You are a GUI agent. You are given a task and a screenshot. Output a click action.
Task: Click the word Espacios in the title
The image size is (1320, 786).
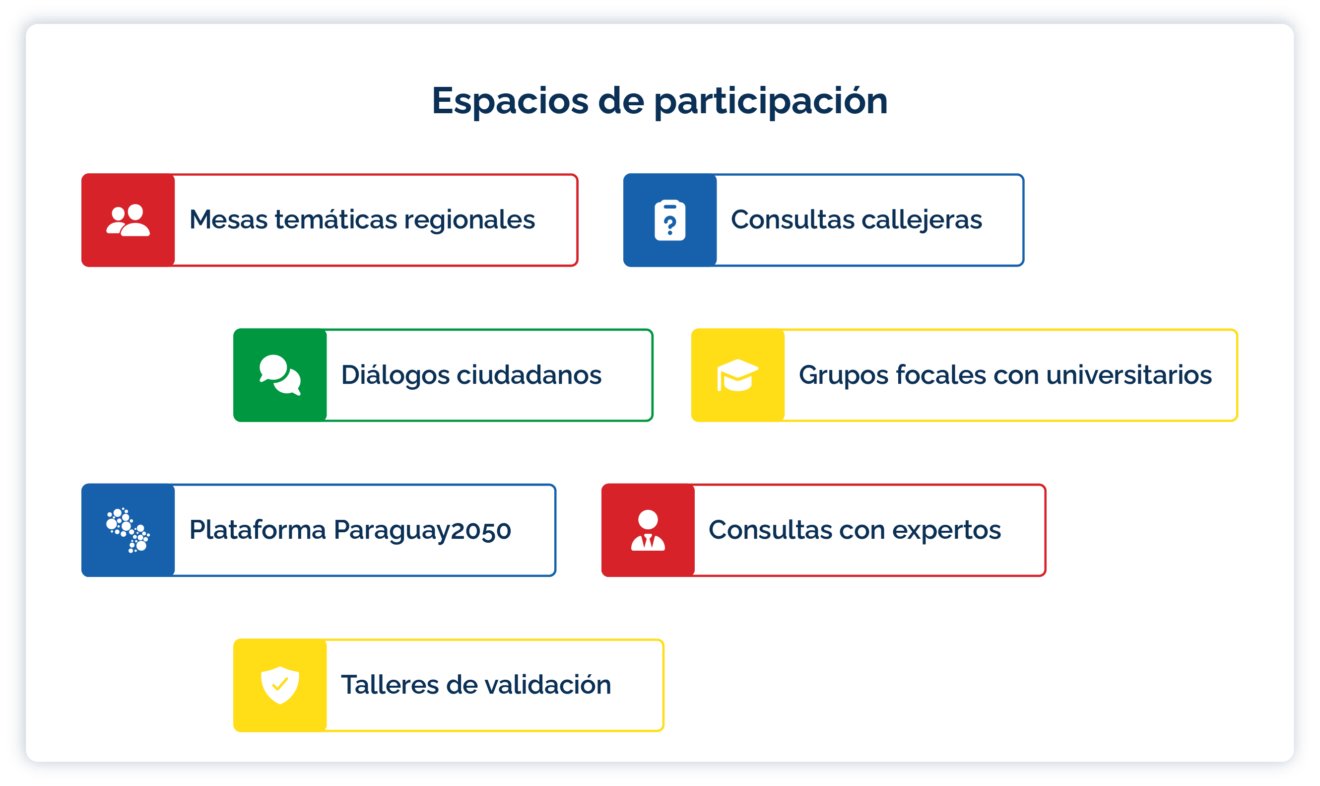pyautogui.click(x=510, y=101)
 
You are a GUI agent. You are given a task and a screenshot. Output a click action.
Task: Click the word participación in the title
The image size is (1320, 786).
pyautogui.click(x=771, y=101)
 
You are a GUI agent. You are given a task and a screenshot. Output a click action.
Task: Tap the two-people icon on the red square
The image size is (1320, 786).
pyautogui.click(x=128, y=220)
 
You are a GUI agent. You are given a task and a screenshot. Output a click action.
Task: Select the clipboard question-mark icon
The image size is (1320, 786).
pyautogui.click(x=670, y=220)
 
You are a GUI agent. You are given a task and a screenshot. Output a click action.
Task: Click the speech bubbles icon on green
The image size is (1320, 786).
pyautogui.click(x=280, y=375)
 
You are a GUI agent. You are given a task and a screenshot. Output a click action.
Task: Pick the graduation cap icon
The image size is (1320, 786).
pyautogui.click(x=737, y=375)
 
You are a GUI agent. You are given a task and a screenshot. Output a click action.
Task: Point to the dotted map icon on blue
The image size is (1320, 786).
pyautogui.click(x=128, y=530)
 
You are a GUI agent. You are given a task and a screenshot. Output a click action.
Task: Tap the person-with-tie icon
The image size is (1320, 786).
pyautogui.click(x=648, y=530)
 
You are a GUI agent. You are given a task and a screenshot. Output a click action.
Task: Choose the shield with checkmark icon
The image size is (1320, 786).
pyautogui.click(x=280, y=685)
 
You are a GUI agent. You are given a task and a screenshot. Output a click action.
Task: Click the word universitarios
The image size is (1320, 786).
pyautogui.click(x=1129, y=375)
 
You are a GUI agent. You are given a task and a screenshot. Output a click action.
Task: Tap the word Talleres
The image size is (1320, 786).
pyautogui.click(x=390, y=685)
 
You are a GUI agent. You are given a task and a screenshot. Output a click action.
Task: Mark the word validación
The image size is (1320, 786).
pyautogui.click(x=548, y=684)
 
